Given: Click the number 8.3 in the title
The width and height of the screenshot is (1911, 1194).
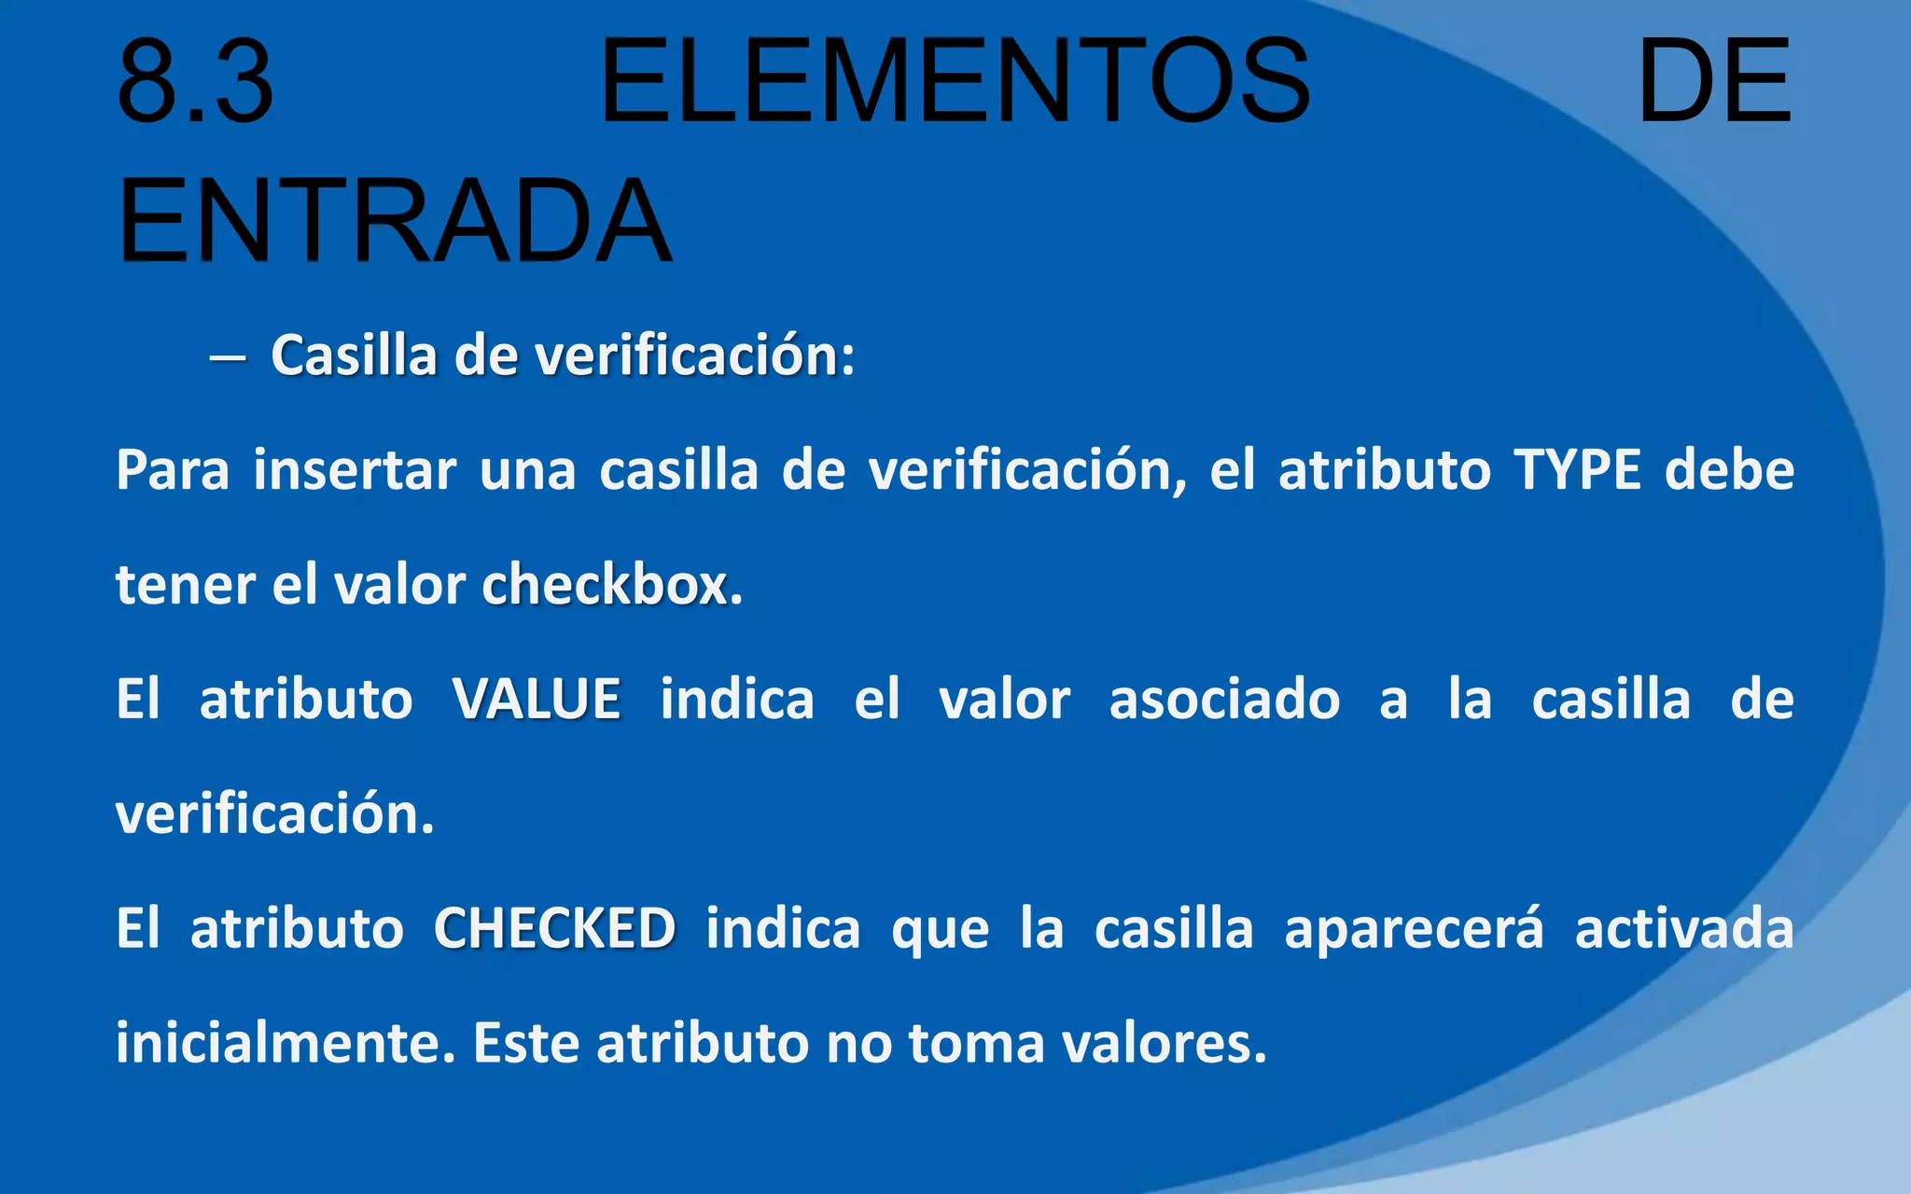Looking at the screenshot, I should [x=196, y=82].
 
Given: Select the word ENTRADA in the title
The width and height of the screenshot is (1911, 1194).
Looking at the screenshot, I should [x=395, y=222].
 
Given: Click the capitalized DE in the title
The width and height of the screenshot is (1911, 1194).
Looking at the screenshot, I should [x=1714, y=82].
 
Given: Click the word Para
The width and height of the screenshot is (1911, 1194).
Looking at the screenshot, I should [x=173, y=469].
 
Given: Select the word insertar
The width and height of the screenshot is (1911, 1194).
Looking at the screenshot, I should [x=355, y=469].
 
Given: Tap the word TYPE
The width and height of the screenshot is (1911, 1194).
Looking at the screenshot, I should [x=1577, y=469].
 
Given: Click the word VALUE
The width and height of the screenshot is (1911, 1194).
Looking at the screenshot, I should [x=537, y=700].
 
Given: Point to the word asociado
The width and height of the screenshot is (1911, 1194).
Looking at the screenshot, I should [x=1224, y=700].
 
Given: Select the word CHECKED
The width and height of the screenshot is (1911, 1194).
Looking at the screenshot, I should [x=555, y=929].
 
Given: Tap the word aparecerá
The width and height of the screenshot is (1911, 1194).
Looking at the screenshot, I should [x=1414, y=929].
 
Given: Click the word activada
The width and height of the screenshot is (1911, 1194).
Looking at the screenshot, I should [x=1684, y=929].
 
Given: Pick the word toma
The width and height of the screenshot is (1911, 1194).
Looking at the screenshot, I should [x=976, y=1043].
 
